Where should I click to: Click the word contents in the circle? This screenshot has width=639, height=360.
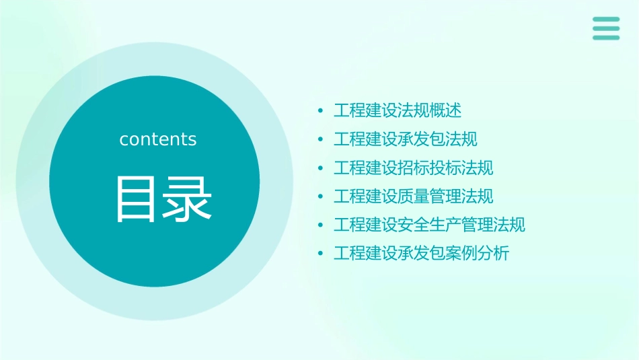(158, 139)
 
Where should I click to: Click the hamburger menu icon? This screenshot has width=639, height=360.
(606, 28)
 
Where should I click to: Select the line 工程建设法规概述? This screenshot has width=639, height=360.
(398, 110)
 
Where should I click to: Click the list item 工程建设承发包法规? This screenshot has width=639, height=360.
(406, 139)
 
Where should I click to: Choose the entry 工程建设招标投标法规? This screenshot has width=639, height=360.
(414, 168)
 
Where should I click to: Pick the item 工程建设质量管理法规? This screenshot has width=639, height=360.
(414, 196)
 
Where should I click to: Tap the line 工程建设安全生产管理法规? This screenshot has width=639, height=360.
(430, 225)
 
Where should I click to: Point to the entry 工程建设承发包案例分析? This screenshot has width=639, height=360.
(422, 254)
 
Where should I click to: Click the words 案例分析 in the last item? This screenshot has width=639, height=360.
(478, 254)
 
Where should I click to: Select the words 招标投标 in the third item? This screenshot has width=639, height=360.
(429, 168)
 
